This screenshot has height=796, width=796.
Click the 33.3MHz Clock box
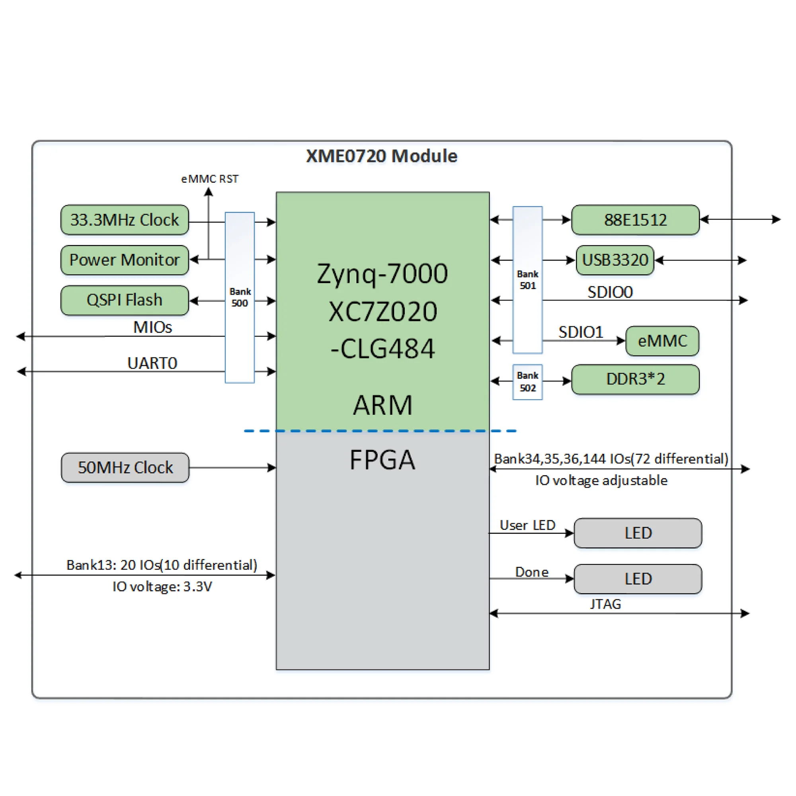[125, 220]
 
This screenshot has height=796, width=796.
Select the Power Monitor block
[125, 260]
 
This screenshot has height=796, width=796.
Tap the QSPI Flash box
[125, 300]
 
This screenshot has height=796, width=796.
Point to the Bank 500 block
[240, 297]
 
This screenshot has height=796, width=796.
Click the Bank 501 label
[527, 280]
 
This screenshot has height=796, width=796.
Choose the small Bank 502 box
[527, 382]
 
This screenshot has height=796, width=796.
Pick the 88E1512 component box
[635, 220]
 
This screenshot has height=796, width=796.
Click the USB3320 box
[615, 260]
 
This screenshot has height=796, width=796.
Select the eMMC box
[662, 341]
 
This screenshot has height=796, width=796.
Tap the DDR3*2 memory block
[635, 379]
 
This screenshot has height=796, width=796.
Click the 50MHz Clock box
[125, 468]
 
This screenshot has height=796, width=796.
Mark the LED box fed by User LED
[638, 533]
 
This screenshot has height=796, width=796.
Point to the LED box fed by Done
[638, 579]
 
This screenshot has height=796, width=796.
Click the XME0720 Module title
[382, 156]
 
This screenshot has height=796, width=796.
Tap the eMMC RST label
[210, 179]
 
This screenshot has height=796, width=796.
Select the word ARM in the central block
[382, 405]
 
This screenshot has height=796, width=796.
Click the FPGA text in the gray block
[382, 460]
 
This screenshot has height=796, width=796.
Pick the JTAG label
[605, 604]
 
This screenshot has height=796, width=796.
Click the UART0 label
[152, 363]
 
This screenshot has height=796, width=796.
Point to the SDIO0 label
[610, 292]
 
